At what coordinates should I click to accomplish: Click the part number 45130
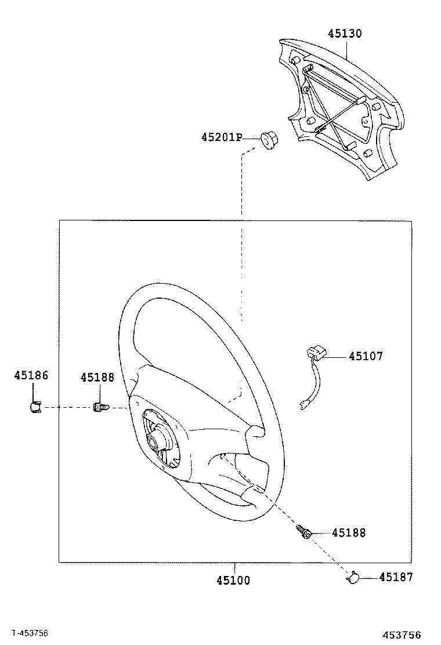pos(344,34)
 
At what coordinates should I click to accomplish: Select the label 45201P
pos(221,137)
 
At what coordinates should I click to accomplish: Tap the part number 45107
pos(366,356)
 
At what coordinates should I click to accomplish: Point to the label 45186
pos(31,376)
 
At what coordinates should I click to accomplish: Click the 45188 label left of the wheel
pos(97,378)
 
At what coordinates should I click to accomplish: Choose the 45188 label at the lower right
pos(349,532)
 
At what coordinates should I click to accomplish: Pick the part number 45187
pos(396,577)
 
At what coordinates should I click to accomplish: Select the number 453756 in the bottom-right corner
pos(401,635)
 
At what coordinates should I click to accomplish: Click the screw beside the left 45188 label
pos(100,408)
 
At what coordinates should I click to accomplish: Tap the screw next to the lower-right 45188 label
pos(303,531)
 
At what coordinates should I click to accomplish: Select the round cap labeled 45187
pos(353,577)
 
